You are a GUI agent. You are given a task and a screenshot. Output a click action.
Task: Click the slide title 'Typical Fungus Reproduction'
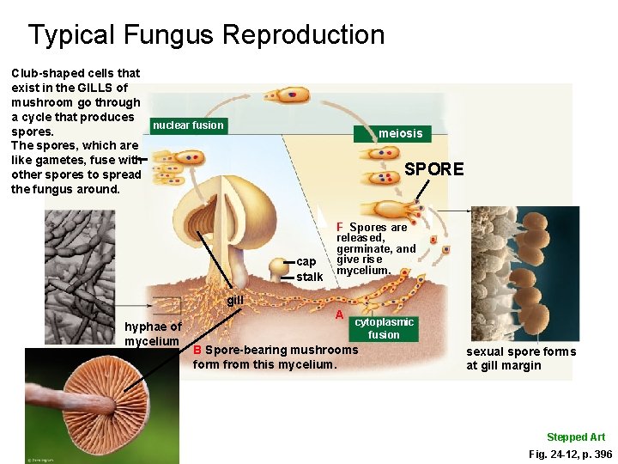coord(206,35)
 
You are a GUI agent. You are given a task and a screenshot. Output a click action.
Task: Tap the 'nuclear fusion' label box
coord(187,125)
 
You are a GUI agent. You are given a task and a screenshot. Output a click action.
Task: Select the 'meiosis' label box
coord(401,133)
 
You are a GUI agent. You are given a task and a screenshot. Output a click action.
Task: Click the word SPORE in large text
coord(433,169)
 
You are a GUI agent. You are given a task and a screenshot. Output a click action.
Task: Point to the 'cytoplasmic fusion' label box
coord(384,328)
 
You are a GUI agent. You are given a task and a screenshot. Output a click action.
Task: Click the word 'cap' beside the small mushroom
coord(306,261)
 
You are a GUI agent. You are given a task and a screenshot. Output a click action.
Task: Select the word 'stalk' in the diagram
coord(309,277)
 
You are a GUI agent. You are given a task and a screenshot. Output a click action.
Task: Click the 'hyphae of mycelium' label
coord(152,334)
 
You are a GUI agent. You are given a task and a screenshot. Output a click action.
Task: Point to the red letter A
coord(340,314)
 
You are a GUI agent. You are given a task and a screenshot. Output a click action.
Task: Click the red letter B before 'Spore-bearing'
coord(197,351)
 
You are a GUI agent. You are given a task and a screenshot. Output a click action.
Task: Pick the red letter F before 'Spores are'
coord(340,227)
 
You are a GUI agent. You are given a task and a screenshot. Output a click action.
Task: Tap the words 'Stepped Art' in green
coord(576,437)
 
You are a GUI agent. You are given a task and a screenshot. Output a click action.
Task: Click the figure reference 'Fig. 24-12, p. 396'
coord(570,454)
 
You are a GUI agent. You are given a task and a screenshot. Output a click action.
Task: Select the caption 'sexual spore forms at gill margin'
coord(521,358)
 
